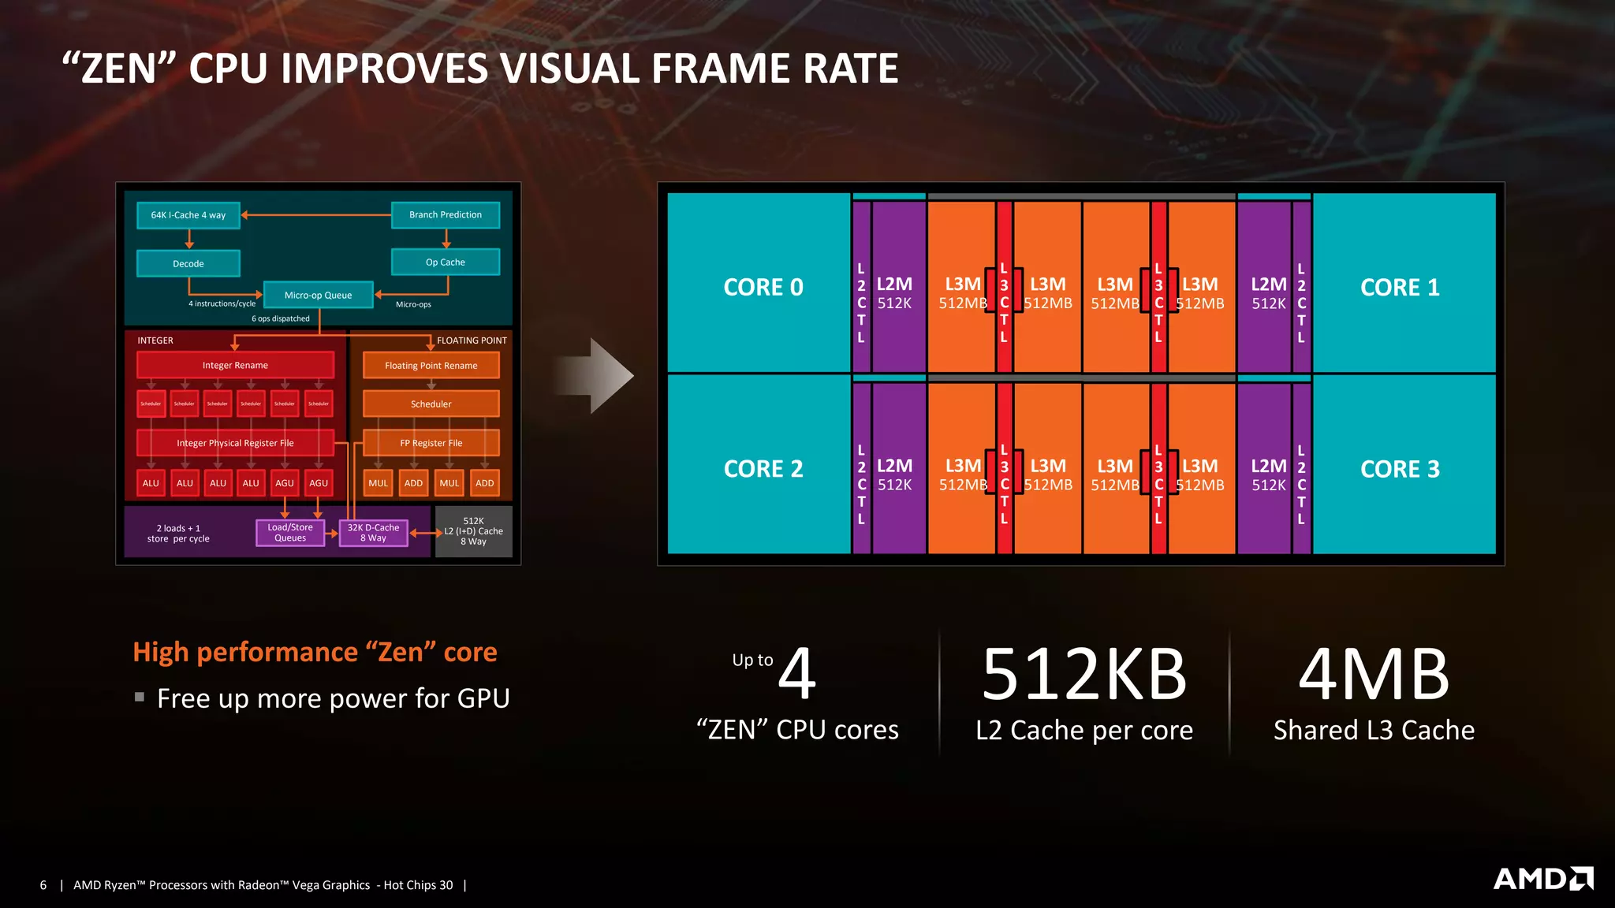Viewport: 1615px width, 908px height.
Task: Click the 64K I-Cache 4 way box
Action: coord(188,215)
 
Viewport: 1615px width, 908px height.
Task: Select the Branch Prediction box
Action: coord(445,214)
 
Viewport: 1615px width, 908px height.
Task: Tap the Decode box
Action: coord(188,263)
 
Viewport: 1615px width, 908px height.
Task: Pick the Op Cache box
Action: coord(445,262)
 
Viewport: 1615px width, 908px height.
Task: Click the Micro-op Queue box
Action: coord(318,295)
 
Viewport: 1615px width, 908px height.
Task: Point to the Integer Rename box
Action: coord(235,365)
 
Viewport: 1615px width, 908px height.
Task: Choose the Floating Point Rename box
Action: coord(431,365)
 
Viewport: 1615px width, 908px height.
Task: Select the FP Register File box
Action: coord(431,443)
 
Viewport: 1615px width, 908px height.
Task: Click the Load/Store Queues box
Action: coord(290,533)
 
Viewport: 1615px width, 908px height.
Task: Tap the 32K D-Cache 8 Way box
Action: coord(373,533)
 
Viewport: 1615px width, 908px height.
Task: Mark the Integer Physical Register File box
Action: coord(235,443)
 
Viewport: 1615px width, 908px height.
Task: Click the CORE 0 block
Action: coord(762,287)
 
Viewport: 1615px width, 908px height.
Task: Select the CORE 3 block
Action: coord(1401,469)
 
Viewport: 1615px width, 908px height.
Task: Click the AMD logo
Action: coord(1542,878)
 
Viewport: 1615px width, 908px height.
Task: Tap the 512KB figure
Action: coord(1084,675)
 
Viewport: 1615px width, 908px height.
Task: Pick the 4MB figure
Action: coord(1373,675)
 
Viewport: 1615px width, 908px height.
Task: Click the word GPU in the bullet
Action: coord(478,698)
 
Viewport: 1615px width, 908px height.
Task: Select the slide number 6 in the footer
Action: coord(43,885)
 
